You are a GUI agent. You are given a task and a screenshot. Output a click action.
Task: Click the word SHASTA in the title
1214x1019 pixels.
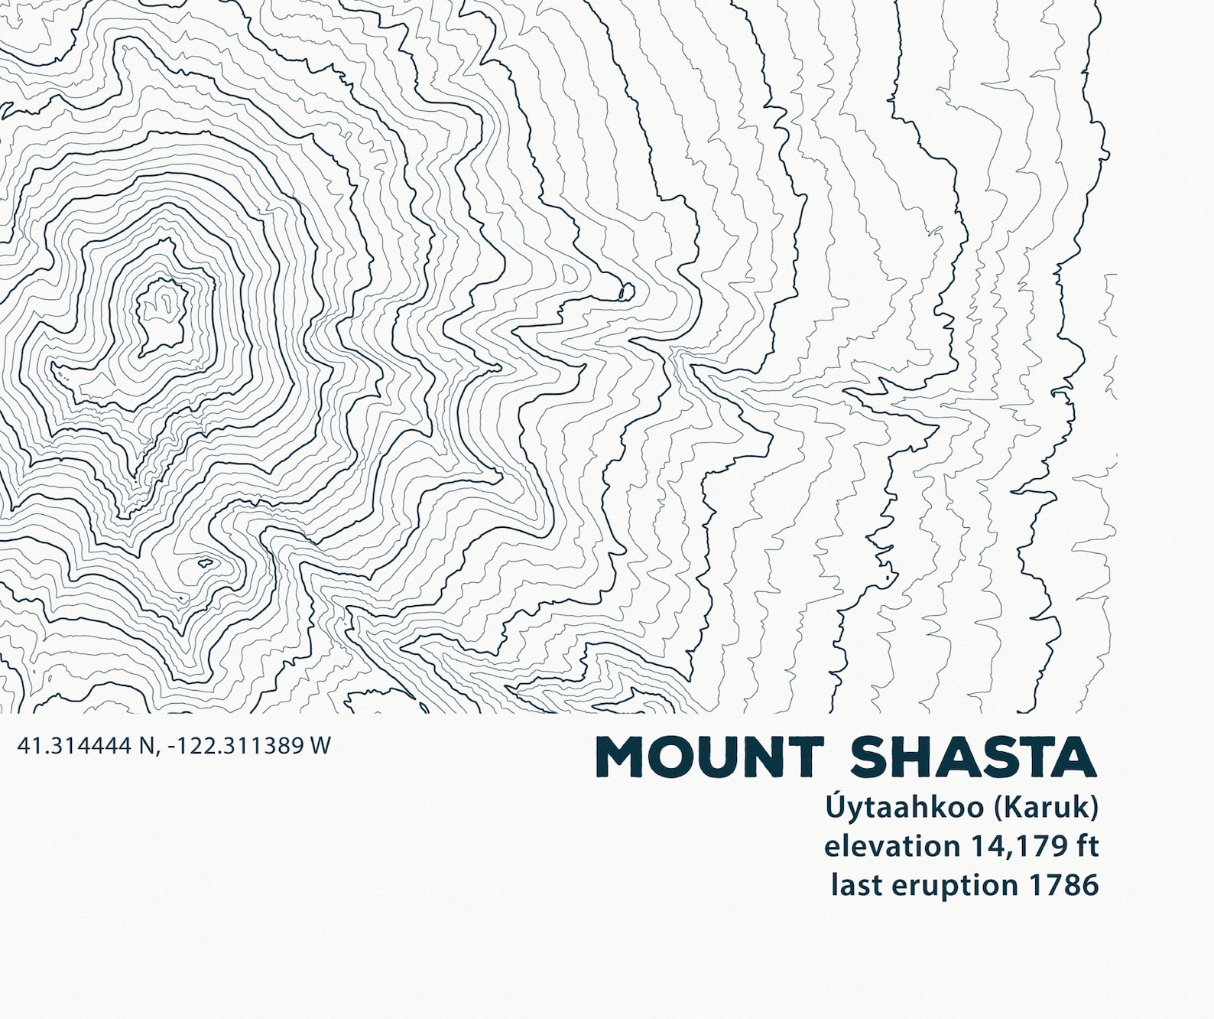(x=973, y=757)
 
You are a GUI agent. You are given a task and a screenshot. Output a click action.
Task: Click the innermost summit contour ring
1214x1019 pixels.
(x=161, y=317)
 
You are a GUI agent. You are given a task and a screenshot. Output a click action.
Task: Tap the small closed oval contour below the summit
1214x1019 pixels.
(x=205, y=564)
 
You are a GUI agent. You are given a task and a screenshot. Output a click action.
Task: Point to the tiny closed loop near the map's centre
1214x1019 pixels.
(x=625, y=291)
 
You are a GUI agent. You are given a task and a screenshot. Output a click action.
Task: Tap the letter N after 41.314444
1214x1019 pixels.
(x=146, y=746)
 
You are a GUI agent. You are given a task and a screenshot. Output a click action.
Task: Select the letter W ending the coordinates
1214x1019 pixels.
(x=320, y=746)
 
